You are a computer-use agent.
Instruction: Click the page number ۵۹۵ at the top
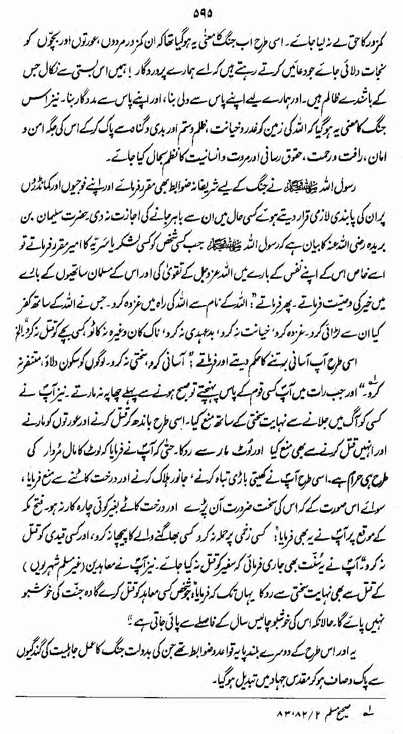coord(202,11)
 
